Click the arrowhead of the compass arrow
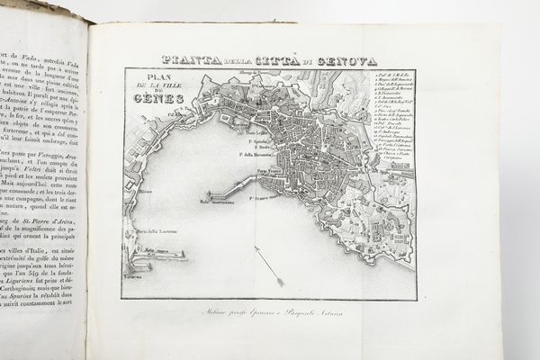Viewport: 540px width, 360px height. [281, 283]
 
